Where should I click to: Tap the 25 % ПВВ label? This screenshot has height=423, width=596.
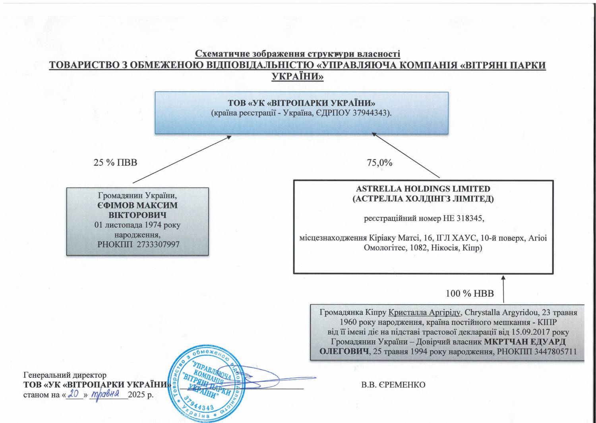pos(115,162)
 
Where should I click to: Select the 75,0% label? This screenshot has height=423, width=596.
pos(379,162)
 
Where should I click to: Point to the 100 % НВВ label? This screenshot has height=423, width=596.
pos(470,294)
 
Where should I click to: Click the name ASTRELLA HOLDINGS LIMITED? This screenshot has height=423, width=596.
pos(423,189)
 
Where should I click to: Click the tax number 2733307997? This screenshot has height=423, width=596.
pos(158,244)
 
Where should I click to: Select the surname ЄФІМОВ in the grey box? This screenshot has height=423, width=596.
pos(116,206)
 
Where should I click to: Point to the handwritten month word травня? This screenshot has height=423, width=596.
pos(106,394)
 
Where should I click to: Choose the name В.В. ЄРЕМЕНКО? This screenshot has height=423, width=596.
pos(393,385)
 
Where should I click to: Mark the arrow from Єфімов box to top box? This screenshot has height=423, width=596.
pos(182,159)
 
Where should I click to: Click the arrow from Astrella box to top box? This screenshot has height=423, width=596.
pos(406,155)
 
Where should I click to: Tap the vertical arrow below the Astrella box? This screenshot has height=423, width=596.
pos(503,289)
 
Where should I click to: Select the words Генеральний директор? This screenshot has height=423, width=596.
pos(65,375)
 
